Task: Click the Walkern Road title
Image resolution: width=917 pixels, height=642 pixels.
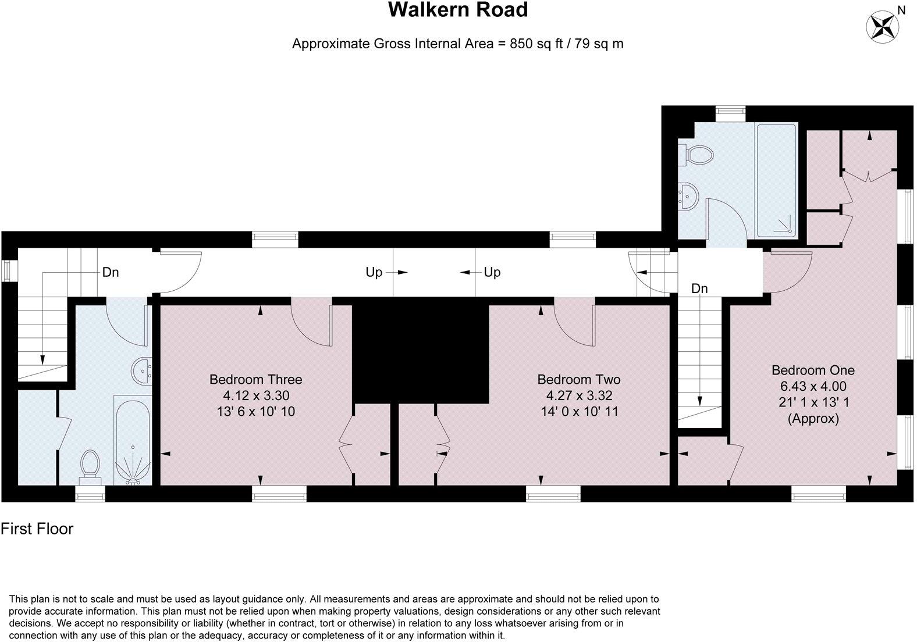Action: click(x=458, y=10)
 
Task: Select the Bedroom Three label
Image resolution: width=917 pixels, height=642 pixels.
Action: click(x=255, y=380)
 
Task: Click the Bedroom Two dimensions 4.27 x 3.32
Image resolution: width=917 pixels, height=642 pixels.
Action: click(x=578, y=396)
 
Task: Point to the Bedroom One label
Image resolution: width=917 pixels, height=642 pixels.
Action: click(x=813, y=370)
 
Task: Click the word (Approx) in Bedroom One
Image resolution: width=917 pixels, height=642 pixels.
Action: click(x=813, y=419)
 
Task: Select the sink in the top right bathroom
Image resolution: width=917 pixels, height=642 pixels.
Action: click(x=688, y=196)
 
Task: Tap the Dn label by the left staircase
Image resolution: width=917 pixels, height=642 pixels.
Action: click(x=111, y=272)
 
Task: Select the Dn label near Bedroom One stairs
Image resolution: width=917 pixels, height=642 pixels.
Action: click(x=699, y=288)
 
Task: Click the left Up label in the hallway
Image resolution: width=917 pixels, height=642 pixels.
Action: click(x=374, y=272)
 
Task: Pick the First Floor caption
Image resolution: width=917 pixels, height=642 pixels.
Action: click(x=37, y=529)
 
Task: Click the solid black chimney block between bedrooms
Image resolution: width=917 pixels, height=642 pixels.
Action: click(x=420, y=351)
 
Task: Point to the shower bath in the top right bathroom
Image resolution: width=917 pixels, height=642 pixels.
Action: click(x=776, y=180)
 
